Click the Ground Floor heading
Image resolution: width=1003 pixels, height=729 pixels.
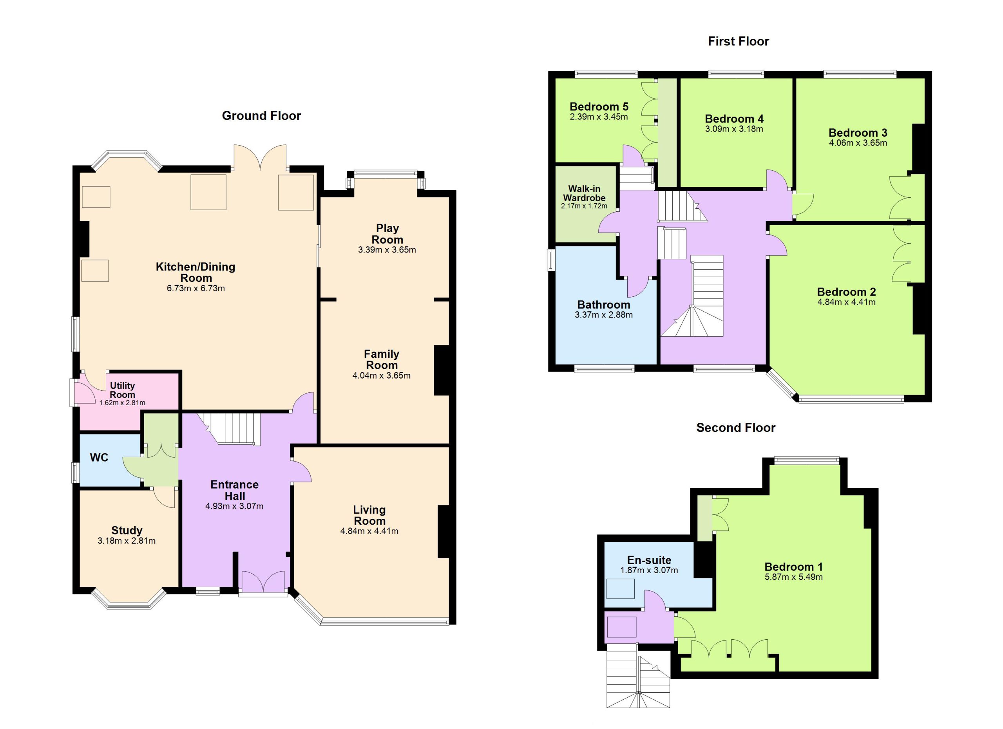pos(261,116)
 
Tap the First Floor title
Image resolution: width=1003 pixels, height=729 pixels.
pos(738,42)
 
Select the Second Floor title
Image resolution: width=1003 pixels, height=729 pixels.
pos(736,428)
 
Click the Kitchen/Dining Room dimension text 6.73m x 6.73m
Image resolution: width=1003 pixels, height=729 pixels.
pos(196,289)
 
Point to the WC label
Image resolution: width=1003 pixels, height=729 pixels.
pos(99,457)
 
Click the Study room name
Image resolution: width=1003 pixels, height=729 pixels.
pos(127,530)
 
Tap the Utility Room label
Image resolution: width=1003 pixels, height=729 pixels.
pos(123,390)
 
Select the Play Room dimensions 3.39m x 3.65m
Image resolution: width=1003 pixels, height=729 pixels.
pos(387,250)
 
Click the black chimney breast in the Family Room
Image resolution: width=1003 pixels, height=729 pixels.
pos(441,370)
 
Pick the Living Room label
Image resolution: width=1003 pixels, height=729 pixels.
pos(369,515)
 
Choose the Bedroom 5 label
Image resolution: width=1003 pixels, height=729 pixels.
pos(599,106)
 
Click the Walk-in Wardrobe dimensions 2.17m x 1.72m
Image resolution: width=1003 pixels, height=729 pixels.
pos(584,206)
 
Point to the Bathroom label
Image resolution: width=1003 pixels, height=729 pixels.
pos(604,305)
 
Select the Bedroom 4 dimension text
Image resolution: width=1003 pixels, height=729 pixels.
pos(734,129)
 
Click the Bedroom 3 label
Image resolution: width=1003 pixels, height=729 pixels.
pos(858,133)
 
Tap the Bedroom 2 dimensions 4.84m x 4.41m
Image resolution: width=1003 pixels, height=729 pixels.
pos(846,302)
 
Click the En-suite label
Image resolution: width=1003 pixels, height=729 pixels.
pos(649,560)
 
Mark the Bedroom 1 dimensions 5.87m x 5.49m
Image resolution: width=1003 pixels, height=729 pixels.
pos(793,577)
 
